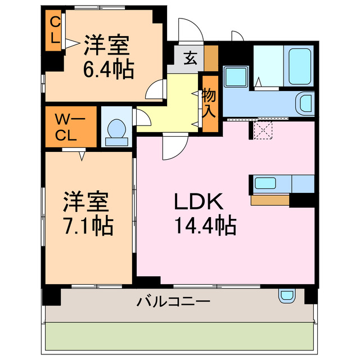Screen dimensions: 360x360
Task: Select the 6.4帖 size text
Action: click(x=109, y=70)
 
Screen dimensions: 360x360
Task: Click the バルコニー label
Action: click(x=174, y=301)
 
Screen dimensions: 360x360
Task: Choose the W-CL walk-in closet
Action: click(x=70, y=127)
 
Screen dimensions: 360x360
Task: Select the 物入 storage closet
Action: click(x=209, y=103)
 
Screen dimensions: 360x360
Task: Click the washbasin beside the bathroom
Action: click(x=305, y=103)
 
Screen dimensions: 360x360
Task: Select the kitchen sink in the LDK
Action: click(x=265, y=183)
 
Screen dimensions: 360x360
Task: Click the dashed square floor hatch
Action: click(x=263, y=130)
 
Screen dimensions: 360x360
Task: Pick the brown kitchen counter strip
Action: click(x=271, y=199)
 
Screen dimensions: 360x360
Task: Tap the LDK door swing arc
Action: click(x=170, y=147)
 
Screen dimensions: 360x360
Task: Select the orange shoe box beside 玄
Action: click(x=211, y=57)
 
